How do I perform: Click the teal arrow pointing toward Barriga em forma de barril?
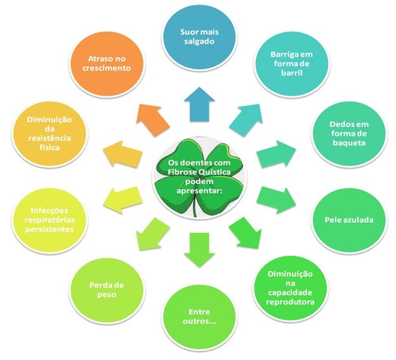point(244,116)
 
